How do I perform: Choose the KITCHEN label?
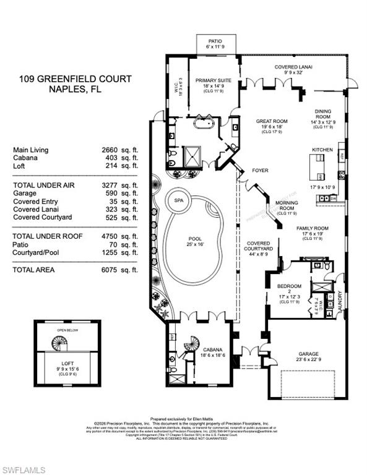322,150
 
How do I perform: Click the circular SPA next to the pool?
179,201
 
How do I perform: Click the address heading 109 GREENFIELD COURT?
66,79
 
